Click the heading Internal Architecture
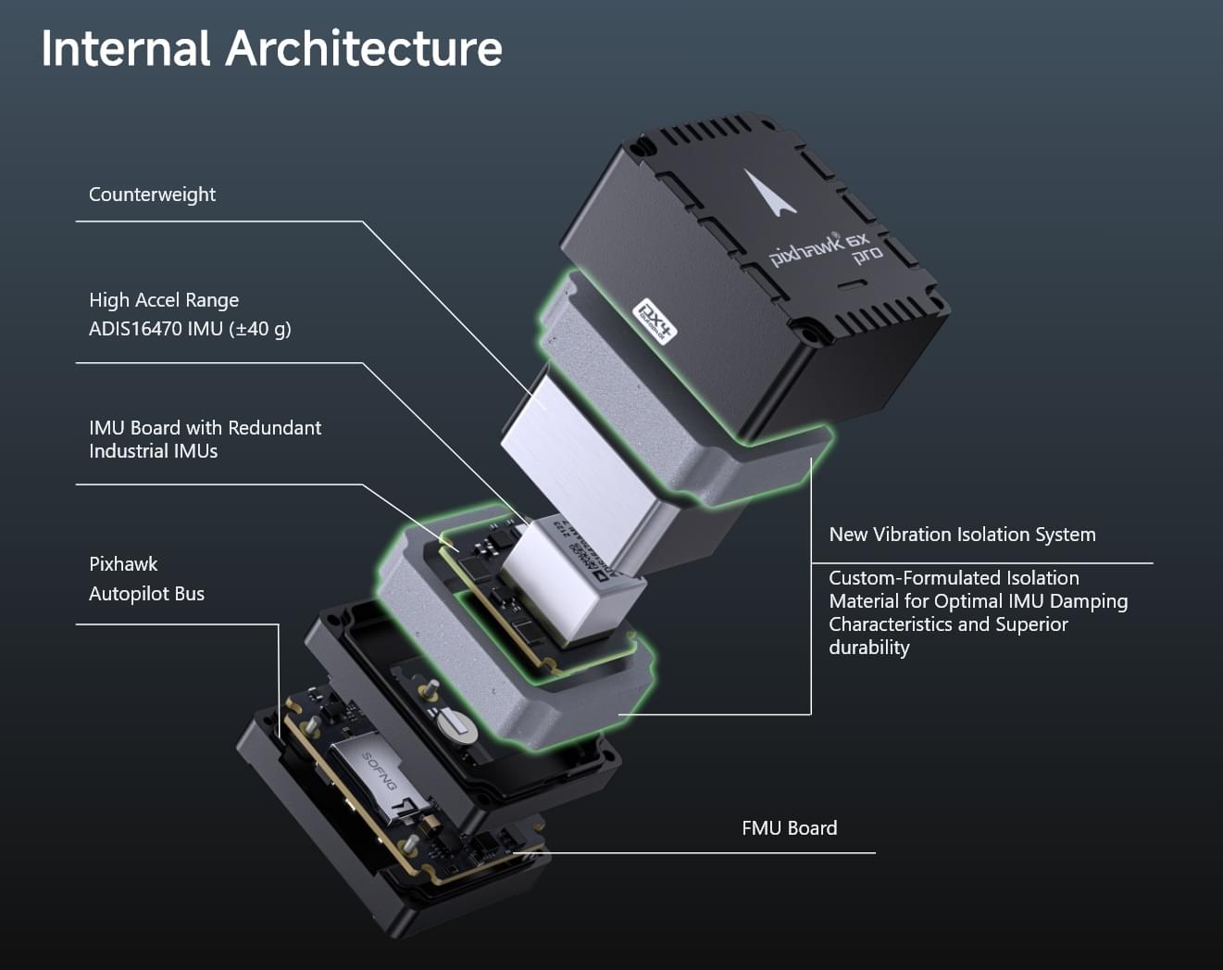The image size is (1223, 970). point(271,48)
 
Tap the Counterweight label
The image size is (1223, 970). point(152,195)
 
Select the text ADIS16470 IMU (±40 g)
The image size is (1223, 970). point(190,329)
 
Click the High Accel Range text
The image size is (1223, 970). point(164,300)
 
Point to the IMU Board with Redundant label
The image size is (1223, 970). point(205,428)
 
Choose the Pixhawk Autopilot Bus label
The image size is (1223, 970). point(146,579)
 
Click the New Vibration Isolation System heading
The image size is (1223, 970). point(962,535)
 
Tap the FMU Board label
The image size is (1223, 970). point(789,828)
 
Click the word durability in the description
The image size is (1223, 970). point(868,648)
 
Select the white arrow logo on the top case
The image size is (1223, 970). point(768,192)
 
